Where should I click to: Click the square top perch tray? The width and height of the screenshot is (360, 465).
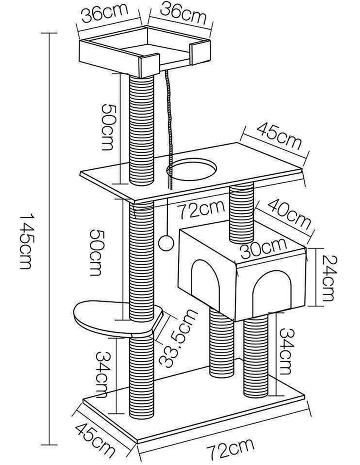(x=145, y=50)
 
